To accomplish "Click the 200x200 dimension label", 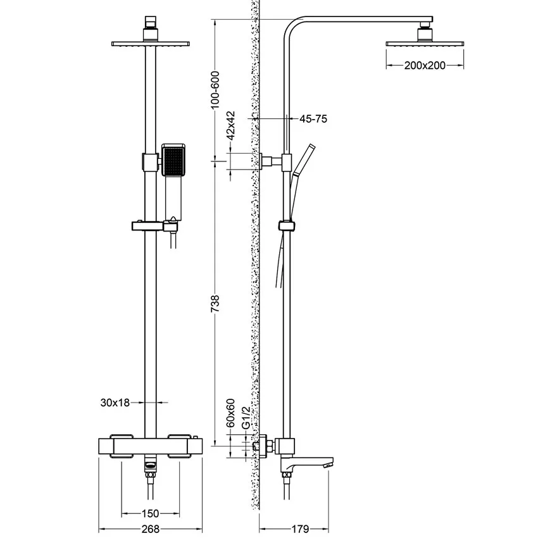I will pos(425,65).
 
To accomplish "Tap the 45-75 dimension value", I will pos(313,118).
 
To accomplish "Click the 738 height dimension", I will pos(215,303).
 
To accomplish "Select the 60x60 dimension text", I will pos(232,411).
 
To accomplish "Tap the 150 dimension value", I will pos(149,514).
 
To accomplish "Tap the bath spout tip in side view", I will pos(328,466).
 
